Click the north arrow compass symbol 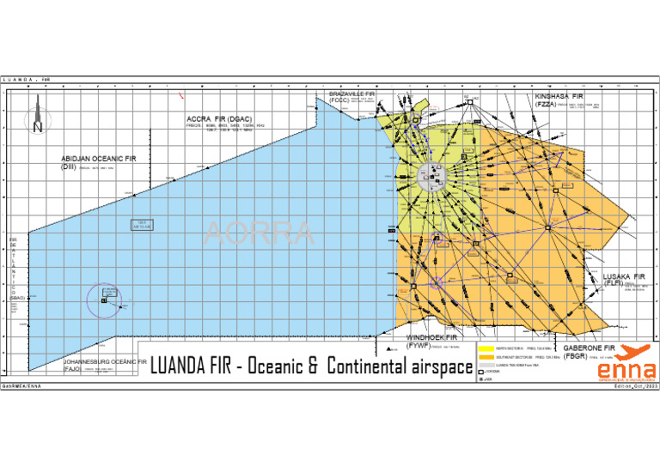click(37, 117)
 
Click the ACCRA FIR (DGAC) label click(219, 118)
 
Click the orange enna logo click(626, 363)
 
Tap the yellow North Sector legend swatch click(485, 349)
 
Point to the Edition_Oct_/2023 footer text click(631, 387)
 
